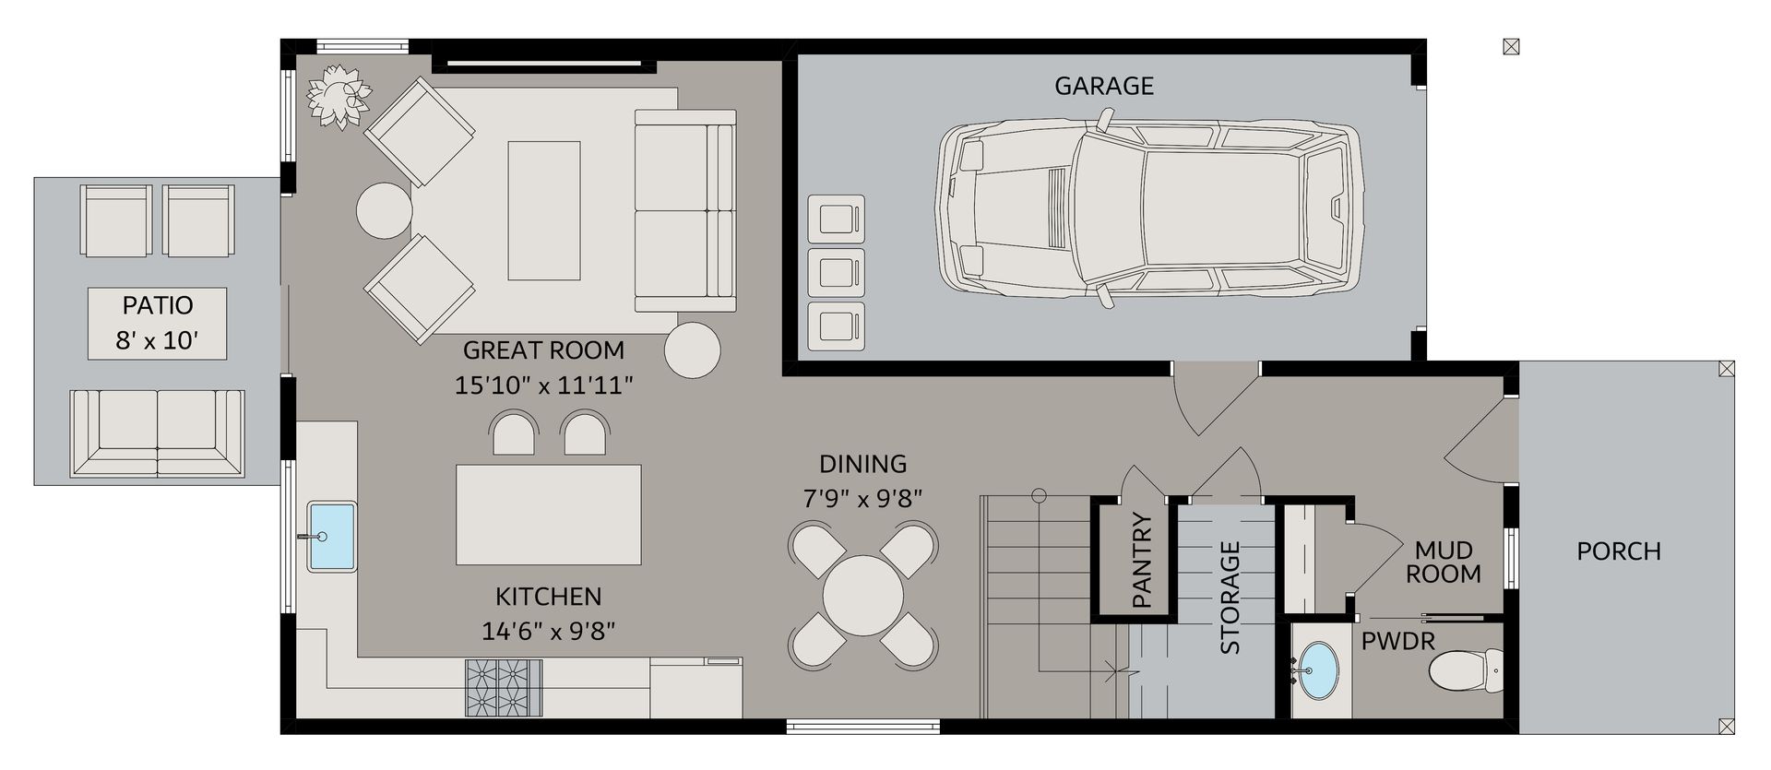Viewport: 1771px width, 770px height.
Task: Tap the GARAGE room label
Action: (x=1104, y=86)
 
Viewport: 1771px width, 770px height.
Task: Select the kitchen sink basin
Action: (x=331, y=536)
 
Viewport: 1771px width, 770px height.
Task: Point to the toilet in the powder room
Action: (x=1466, y=669)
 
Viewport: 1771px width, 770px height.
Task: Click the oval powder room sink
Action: (x=1320, y=671)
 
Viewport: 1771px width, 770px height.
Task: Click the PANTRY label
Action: (x=1141, y=561)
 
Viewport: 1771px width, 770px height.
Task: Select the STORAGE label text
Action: (x=1230, y=597)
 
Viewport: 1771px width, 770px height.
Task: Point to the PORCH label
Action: (x=1619, y=551)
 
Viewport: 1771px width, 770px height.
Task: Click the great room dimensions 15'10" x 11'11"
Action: (x=544, y=385)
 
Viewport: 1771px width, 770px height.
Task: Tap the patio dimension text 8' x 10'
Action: (x=158, y=341)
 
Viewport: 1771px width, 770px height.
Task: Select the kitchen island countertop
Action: (x=549, y=515)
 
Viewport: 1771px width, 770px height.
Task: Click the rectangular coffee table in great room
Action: (x=544, y=210)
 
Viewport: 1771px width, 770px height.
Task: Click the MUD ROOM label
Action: (x=1444, y=562)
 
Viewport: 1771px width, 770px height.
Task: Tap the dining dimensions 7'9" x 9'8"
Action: (x=863, y=499)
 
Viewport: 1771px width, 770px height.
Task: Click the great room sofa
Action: (x=685, y=210)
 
